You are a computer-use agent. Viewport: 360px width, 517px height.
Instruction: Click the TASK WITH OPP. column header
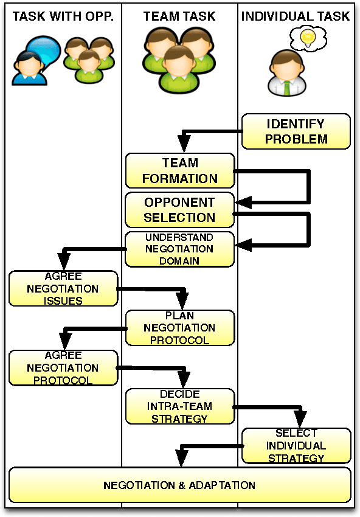tap(63, 16)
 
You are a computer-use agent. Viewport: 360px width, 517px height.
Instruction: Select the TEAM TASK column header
tap(179, 16)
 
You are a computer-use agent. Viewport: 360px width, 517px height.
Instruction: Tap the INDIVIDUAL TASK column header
tap(296, 16)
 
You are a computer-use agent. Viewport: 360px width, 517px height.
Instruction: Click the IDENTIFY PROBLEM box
tap(296, 131)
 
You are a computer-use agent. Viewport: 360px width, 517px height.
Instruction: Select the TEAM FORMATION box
tap(180, 171)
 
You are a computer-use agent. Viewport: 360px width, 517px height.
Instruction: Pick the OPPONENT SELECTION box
tap(180, 210)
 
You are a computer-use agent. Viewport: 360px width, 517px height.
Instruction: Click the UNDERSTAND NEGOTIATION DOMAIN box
tap(180, 249)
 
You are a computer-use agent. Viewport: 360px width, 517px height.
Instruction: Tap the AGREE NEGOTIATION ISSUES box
tap(63, 288)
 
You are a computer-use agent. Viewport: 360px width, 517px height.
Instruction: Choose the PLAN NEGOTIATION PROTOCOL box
tap(180, 328)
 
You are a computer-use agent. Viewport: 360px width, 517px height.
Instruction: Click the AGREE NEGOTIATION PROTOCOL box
tap(63, 367)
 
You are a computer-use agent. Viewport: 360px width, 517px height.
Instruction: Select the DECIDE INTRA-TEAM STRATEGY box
tap(180, 407)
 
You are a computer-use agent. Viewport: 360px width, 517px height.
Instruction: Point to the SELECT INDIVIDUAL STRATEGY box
tap(296, 446)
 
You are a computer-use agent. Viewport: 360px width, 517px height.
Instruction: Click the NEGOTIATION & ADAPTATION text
tap(179, 485)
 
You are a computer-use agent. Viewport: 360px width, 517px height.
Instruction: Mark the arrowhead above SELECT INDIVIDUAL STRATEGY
tap(299, 422)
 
